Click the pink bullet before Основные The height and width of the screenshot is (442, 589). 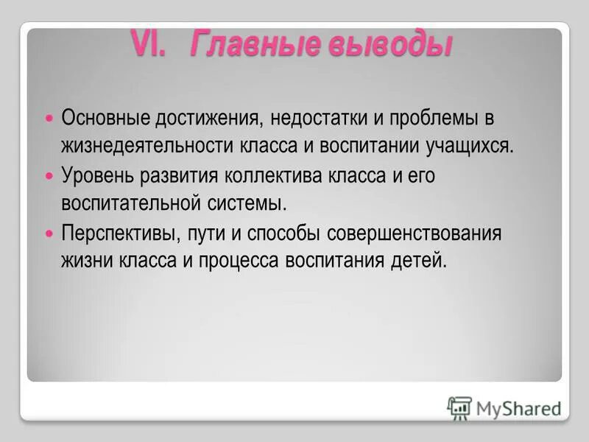(50, 117)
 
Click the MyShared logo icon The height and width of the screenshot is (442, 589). (459, 407)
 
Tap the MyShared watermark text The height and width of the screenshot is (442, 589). (518, 408)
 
